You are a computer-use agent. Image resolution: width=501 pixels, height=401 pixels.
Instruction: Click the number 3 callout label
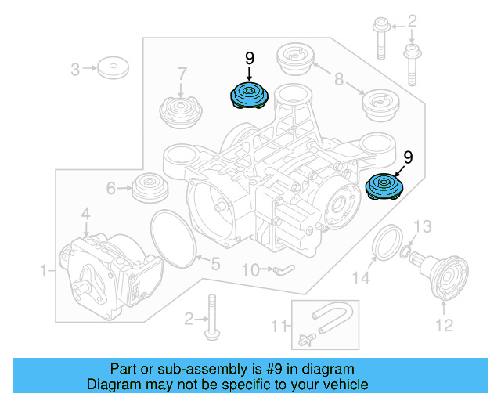tap(76, 70)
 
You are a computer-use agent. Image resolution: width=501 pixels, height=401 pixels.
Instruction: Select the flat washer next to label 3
tap(114, 67)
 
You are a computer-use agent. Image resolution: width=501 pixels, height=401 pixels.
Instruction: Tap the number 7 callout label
tap(182, 74)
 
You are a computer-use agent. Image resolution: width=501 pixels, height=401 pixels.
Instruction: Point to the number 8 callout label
tap(339, 78)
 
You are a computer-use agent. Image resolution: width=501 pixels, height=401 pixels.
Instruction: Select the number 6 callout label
tap(110, 188)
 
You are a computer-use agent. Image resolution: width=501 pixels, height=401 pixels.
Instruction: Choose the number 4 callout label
tap(85, 212)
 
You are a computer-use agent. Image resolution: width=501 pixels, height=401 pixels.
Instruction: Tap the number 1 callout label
tap(44, 270)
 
